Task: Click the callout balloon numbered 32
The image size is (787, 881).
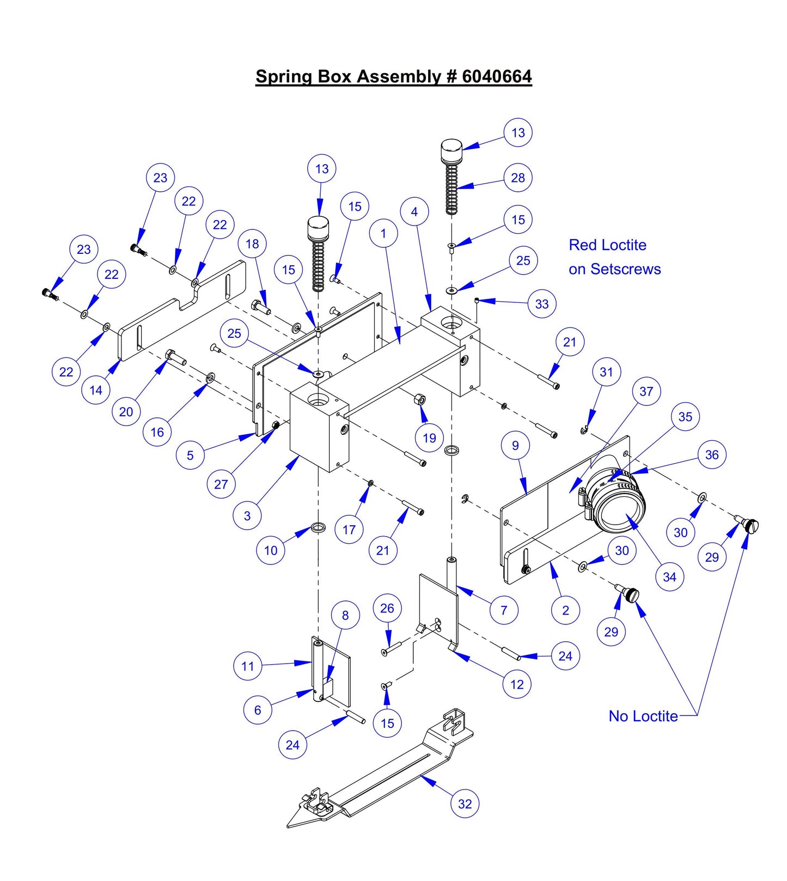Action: [x=465, y=804]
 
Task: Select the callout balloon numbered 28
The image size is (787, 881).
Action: [x=518, y=178]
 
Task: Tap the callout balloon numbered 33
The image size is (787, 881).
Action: [x=542, y=304]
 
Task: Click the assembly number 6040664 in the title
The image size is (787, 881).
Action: [x=497, y=76]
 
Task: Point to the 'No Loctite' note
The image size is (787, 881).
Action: [x=643, y=716]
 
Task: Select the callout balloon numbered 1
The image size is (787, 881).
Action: [x=383, y=233]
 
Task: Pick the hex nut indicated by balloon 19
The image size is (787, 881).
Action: [x=420, y=399]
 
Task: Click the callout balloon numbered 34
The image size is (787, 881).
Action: [x=669, y=577]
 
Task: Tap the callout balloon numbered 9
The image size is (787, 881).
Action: [x=515, y=446]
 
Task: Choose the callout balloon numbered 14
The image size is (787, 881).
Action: [x=96, y=390]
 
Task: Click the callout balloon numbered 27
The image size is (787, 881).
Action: [x=221, y=484]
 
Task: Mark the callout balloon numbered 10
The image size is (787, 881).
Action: [x=271, y=550]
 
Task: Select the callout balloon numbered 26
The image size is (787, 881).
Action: [x=387, y=608]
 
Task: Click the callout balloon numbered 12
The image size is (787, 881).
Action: [x=517, y=684]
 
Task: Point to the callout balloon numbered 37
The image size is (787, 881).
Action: [x=646, y=391]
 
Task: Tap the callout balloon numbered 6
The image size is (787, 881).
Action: [x=257, y=710]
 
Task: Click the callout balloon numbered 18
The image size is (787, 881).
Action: [x=252, y=244]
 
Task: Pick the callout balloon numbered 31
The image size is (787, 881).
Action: [x=606, y=372]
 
